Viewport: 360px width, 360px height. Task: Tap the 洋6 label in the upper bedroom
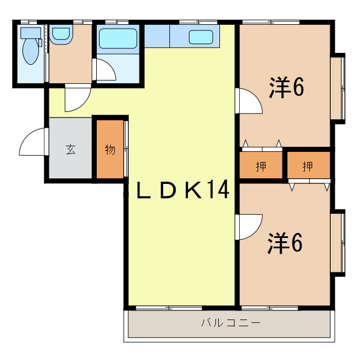pos(286,88)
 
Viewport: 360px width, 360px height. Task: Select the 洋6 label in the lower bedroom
pos(286,242)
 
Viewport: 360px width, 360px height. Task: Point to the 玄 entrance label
pos(70,150)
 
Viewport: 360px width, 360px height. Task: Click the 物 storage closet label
pos(110,150)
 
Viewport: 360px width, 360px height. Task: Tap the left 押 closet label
pos(261,166)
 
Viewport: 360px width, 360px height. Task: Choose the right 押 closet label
pos(308,166)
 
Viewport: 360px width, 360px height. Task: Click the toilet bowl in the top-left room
pos(29,51)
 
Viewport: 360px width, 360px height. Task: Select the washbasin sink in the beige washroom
pos(60,36)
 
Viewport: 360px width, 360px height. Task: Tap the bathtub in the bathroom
pos(118,39)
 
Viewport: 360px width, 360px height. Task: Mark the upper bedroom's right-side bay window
pos(337,87)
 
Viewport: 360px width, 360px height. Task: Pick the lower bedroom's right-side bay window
pos(337,242)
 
